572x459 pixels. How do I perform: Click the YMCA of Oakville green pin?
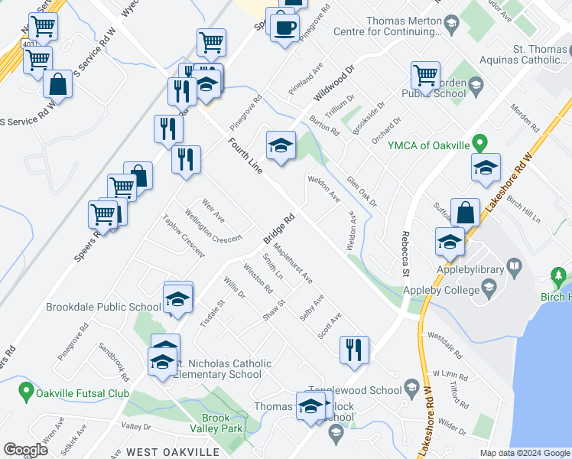[479, 142]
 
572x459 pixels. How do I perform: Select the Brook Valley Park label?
[221, 423]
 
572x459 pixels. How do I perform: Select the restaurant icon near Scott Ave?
[355, 350]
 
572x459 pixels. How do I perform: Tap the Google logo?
[25, 450]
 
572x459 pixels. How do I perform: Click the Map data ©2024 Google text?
[525, 453]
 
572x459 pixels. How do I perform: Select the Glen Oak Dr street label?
[362, 191]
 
